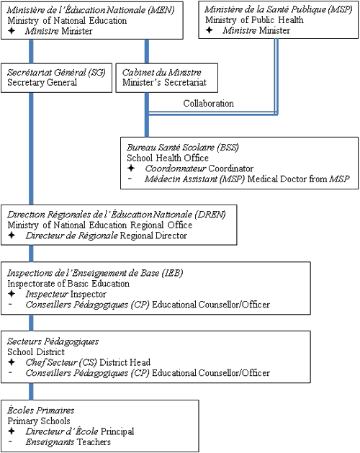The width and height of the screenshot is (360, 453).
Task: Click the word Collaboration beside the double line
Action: (x=208, y=103)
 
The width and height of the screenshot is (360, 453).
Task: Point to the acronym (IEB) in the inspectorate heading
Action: (x=172, y=273)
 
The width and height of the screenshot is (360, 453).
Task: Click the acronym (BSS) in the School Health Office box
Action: (x=228, y=148)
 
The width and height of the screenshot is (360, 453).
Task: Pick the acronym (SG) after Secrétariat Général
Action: (x=96, y=72)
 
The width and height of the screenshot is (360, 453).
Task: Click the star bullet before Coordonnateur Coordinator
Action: (x=131, y=168)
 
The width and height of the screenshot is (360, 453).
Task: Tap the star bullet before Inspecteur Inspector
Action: (x=12, y=294)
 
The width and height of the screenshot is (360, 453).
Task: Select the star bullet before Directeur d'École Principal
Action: (x=12, y=431)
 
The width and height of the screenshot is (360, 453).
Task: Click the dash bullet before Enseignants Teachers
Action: (x=10, y=441)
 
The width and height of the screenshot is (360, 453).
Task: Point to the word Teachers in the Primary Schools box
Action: (x=94, y=441)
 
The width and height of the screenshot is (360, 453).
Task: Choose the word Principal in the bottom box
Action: (x=117, y=431)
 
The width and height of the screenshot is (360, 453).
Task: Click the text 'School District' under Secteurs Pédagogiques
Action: (x=36, y=351)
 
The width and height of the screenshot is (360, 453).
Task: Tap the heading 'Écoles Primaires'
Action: (x=41, y=411)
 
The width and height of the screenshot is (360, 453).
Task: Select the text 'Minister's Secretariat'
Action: (x=164, y=82)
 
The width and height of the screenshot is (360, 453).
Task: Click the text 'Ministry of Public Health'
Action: (x=254, y=19)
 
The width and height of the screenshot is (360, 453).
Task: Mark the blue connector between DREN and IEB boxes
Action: (x=31, y=254)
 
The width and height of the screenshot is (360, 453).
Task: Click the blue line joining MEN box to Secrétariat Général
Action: (x=31, y=51)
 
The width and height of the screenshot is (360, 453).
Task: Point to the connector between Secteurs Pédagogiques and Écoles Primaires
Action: (x=31, y=392)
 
